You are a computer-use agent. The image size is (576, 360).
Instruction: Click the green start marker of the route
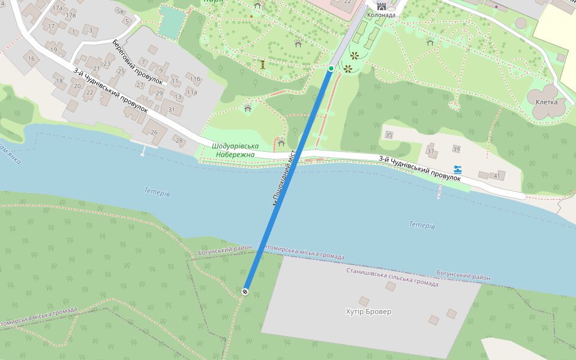click(331, 68)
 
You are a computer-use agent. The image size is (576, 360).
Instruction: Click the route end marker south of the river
click(245, 292)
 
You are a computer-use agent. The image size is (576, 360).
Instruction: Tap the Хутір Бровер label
click(368, 312)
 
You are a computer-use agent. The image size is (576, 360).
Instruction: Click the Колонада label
click(381, 15)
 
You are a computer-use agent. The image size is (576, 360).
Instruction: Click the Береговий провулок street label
click(137, 62)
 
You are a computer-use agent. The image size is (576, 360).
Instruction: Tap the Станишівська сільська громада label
click(392, 277)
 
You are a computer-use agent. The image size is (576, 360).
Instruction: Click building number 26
click(154, 132)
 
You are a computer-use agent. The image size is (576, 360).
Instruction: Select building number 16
click(31, 59)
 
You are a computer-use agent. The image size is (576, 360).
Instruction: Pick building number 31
click(172, 110)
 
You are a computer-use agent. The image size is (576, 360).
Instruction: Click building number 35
click(389, 136)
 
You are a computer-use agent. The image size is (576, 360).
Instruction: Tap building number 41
click(496, 176)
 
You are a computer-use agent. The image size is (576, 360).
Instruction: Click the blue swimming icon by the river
click(458, 170)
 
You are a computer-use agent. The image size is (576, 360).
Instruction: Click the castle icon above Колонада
click(381, 6)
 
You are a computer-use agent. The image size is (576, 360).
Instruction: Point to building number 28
click(179, 140)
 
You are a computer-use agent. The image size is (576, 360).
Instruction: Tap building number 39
click(456, 149)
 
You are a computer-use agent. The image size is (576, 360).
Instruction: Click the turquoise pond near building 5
click(172, 23)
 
